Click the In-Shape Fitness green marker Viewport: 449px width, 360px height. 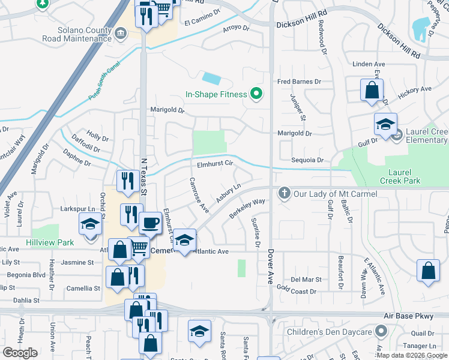[x=256, y=94]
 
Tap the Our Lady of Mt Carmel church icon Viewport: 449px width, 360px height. [x=284, y=193]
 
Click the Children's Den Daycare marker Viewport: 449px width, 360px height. [x=381, y=331]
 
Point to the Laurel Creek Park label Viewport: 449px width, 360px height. [x=400, y=176]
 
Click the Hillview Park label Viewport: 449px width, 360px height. [x=49, y=242]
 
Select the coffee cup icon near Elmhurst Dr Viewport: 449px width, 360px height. [x=151, y=223]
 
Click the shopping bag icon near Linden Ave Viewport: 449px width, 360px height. [x=372, y=90]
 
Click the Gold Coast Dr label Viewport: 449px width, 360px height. [x=296, y=291]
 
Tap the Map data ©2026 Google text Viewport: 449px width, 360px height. [x=411, y=355]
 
